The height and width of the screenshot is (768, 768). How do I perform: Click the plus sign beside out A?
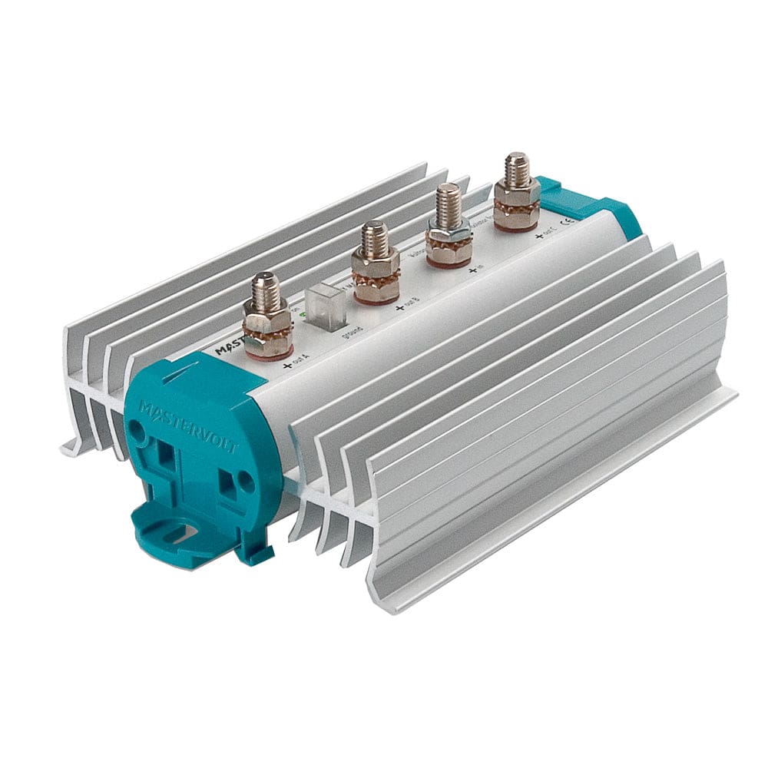click(x=287, y=366)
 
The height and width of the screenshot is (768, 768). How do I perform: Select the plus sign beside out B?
click(x=399, y=309)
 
